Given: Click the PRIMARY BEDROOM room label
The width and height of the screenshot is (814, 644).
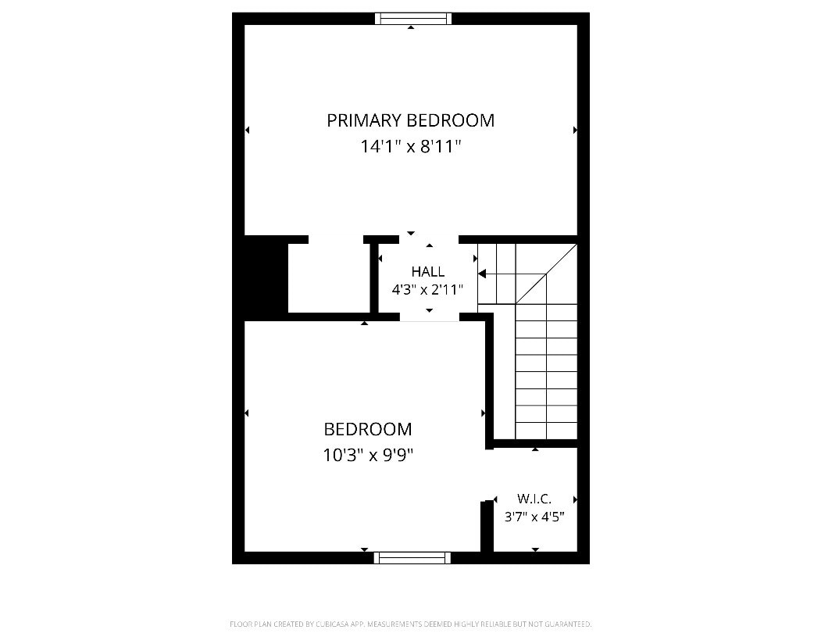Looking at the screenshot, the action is tap(410, 120).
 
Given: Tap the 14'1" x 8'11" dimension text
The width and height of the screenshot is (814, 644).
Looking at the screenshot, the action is tap(411, 147).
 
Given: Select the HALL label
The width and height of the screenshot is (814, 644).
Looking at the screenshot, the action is tap(428, 272).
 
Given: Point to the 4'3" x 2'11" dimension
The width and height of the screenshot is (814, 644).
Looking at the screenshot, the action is tap(427, 290).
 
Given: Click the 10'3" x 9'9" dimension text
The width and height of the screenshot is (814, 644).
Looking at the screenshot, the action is tap(368, 456).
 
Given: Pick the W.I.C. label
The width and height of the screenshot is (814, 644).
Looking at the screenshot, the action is tap(534, 499).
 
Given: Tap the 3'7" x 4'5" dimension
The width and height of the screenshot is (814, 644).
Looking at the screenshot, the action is tap(534, 517).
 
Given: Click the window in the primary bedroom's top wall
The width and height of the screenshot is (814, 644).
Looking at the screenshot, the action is tap(413, 19).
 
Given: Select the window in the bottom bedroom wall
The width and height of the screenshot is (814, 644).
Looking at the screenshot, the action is tap(412, 558).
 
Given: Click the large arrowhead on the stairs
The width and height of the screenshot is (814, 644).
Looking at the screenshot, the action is tap(482, 274).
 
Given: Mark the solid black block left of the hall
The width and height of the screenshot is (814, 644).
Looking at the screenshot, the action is tap(266, 278).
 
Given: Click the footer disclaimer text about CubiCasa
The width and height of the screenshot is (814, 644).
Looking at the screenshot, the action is tap(411, 624).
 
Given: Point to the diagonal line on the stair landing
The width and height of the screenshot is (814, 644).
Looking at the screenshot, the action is tap(546, 274).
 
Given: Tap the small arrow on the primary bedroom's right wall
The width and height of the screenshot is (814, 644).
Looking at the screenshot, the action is tap(575, 130).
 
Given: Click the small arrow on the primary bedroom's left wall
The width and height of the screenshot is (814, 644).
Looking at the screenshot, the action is tap(247, 130).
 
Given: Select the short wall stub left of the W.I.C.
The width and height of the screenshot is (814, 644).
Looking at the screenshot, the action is tap(487, 525).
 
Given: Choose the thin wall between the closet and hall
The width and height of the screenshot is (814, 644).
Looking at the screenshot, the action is tap(373, 278).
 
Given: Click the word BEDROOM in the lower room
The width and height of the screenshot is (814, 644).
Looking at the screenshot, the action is tap(368, 430).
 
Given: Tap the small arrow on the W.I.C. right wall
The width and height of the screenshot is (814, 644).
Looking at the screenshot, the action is tap(575, 499).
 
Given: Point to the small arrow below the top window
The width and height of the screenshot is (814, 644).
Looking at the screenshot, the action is tap(411, 27).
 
